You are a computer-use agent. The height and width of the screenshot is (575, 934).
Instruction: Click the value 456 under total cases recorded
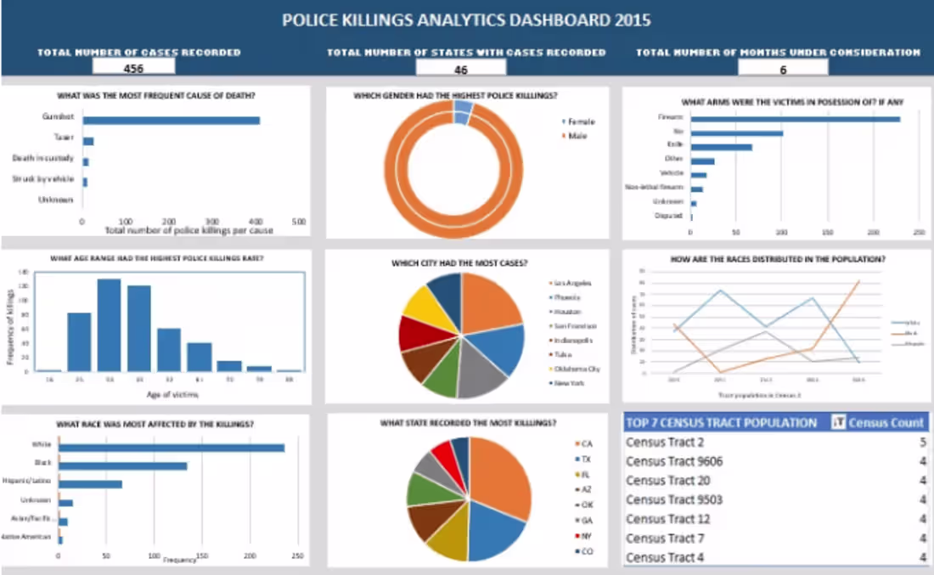coord(133,69)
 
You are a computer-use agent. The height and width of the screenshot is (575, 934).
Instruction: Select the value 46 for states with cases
coord(461,70)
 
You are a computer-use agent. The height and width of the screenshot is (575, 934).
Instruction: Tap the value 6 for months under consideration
coord(782,70)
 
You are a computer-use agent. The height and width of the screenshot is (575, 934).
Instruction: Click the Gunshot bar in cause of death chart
coord(171,120)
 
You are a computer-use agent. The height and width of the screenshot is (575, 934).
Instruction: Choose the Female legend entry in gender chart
coord(581,122)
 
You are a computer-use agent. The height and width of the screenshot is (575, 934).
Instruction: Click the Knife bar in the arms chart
coord(721,147)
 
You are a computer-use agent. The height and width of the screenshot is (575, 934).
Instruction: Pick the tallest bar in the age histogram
coord(109,325)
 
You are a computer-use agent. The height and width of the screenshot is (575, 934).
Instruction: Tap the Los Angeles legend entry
coord(572,284)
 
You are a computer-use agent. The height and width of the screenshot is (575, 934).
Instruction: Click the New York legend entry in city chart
coord(571,383)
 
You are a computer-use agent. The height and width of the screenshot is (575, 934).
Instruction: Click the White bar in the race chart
coord(171,448)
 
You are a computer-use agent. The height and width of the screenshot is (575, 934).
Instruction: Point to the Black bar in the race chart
coord(122,465)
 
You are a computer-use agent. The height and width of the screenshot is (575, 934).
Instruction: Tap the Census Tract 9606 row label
coord(673,461)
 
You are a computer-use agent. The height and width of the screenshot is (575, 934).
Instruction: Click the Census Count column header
coord(886,423)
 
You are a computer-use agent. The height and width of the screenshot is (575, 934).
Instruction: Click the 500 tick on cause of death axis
coord(298,222)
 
